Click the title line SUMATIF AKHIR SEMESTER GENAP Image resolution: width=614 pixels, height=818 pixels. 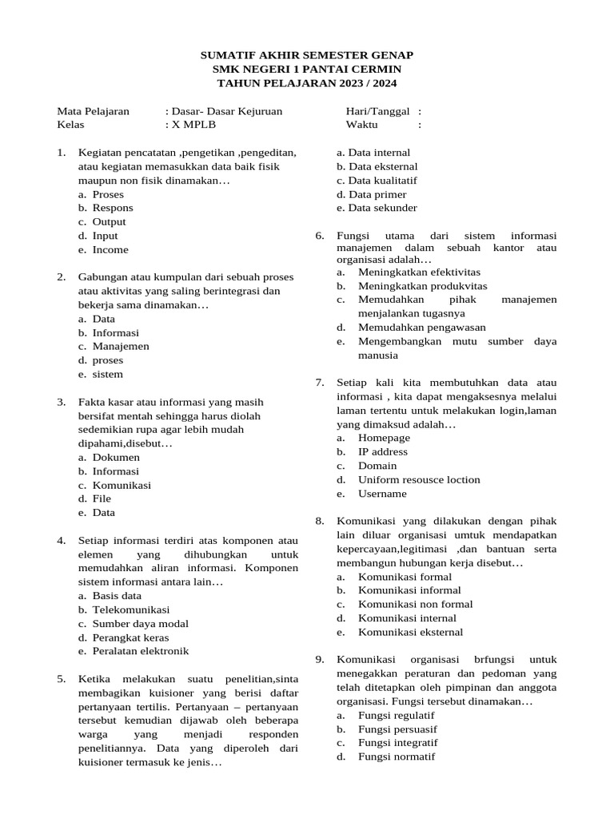pyautogui.click(x=306, y=54)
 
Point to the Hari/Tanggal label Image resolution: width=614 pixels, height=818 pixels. pyautogui.click(x=377, y=112)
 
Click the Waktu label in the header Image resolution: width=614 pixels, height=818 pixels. pyautogui.click(x=362, y=125)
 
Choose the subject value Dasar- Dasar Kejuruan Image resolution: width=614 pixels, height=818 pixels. pyautogui.click(x=227, y=112)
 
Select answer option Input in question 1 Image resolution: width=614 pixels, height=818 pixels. pyautogui.click(x=105, y=236)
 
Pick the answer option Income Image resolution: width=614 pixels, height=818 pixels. pyautogui.click(x=110, y=250)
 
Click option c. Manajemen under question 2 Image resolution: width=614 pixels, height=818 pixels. pyautogui.click(x=121, y=347)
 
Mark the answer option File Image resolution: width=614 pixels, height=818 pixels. pyautogui.click(x=102, y=498)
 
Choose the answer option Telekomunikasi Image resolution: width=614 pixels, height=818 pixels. pyautogui.click(x=126, y=610)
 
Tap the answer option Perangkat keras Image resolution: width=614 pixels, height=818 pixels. pyautogui.click(x=130, y=637)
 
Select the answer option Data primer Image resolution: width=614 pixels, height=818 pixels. pyautogui.click(x=377, y=194)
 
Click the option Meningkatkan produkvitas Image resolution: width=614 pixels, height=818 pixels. pyautogui.click(x=422, y=285)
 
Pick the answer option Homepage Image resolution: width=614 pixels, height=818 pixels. pyautogui.click(x=384, y=438)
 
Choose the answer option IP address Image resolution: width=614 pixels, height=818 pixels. pyautogui.click(x=382, y=451)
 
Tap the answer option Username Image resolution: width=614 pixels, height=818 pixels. pyautogui.click(x=382, y=494)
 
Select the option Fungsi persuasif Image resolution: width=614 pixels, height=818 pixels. pyautogui.click(x=397, y=729)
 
